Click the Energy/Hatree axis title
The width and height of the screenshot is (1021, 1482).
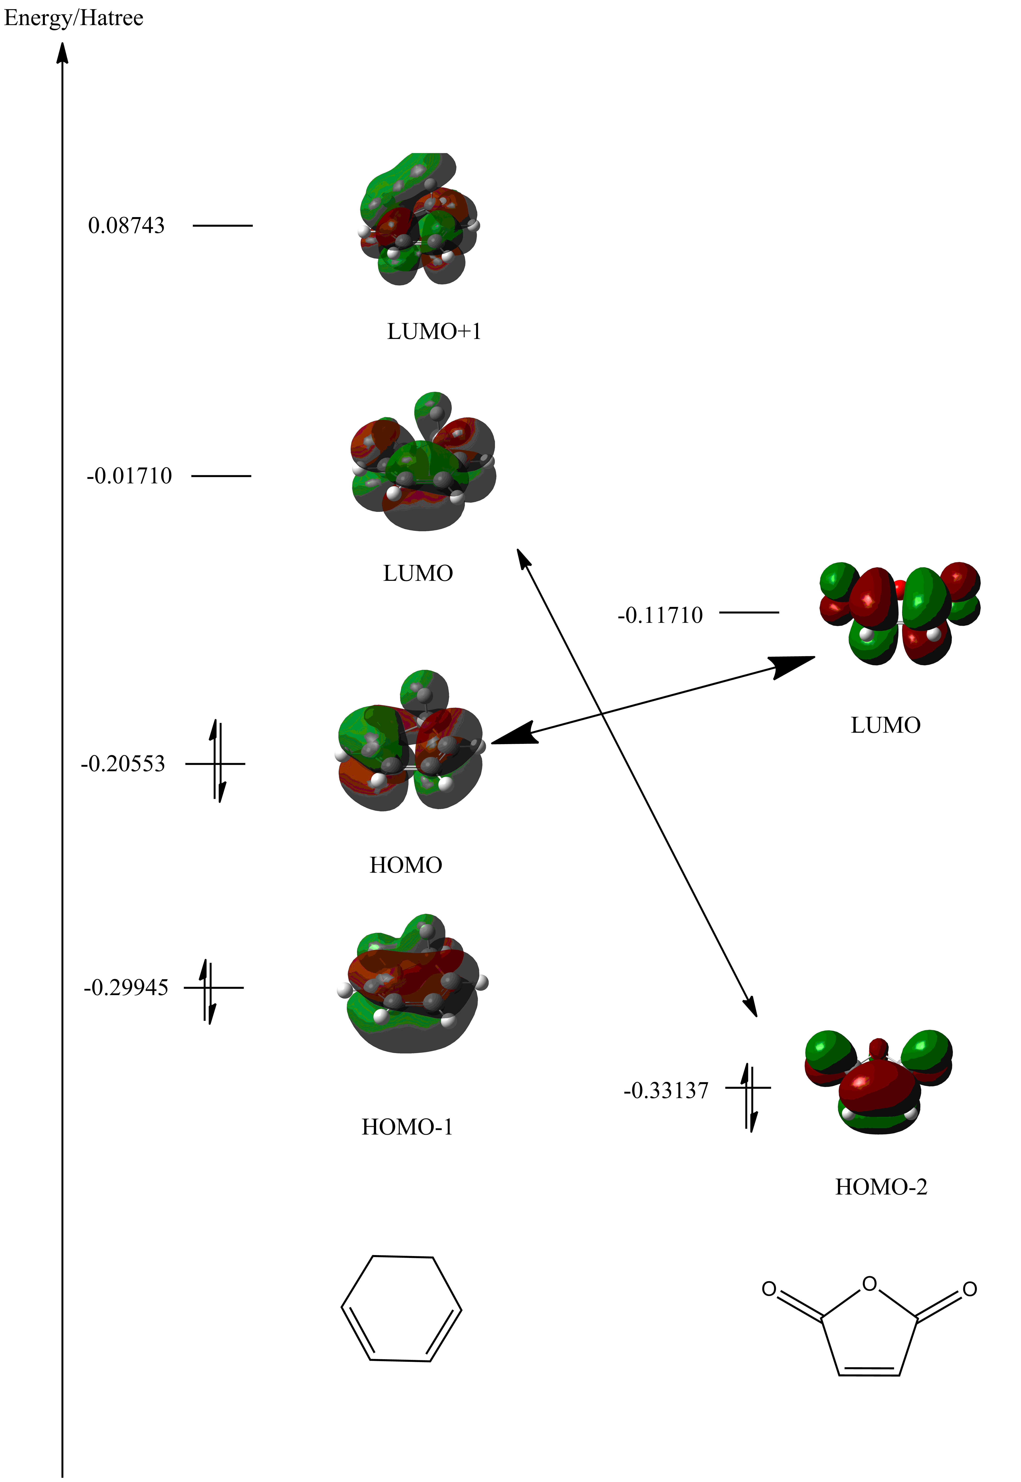click(74, 18)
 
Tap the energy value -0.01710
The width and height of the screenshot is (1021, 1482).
click(129, 476)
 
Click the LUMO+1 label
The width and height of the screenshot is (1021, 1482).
click(434, 332)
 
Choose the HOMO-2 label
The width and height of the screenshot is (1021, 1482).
click(881, 1187)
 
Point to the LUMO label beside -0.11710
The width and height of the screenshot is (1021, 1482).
click(885, 725)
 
